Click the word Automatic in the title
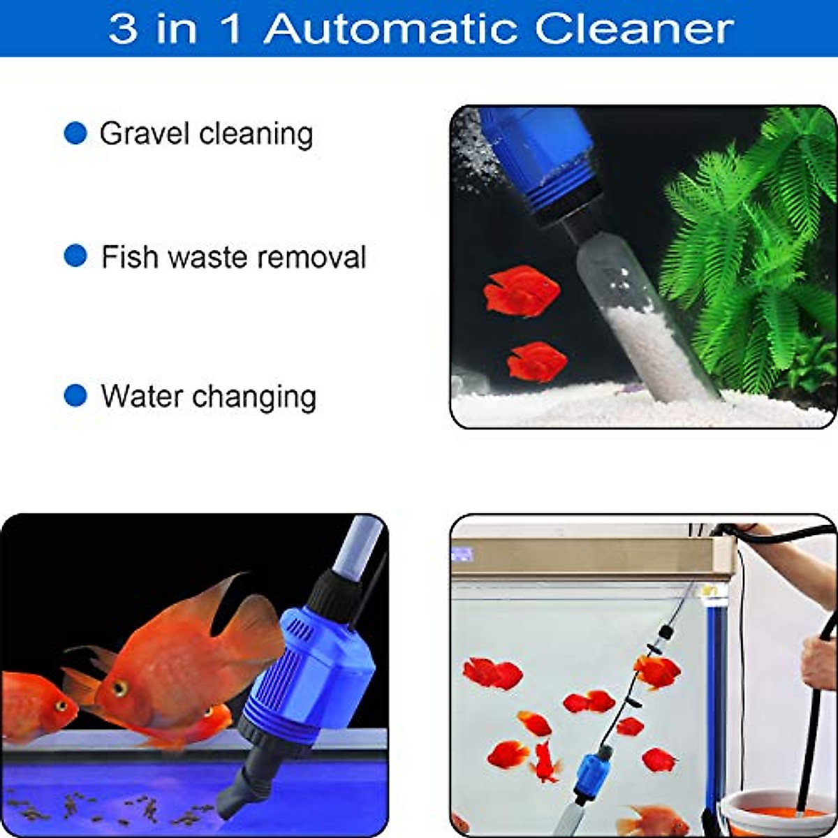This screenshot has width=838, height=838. (x=391, y=29)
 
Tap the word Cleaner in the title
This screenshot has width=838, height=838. (x=633, y=29)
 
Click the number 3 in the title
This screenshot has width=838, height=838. (x=123, y=29)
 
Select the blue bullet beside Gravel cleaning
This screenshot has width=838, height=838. (x=75, y=133)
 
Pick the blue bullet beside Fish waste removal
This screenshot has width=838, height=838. (x=75, y=256)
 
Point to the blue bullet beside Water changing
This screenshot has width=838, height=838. (x=75, y=395)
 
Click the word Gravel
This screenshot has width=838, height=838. (x=145, y=133)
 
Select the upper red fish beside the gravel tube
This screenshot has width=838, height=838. (x=522, y=291)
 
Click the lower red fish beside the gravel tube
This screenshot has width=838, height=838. (x=536, y=362)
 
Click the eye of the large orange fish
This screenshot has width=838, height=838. (x=121, y=689)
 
